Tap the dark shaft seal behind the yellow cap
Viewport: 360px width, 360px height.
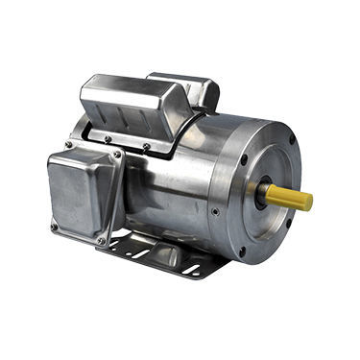[260, 190]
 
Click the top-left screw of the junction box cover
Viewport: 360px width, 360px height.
[65, 146]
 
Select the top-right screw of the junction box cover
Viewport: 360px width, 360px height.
[117, 155]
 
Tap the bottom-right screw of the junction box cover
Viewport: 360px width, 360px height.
[101, 240]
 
